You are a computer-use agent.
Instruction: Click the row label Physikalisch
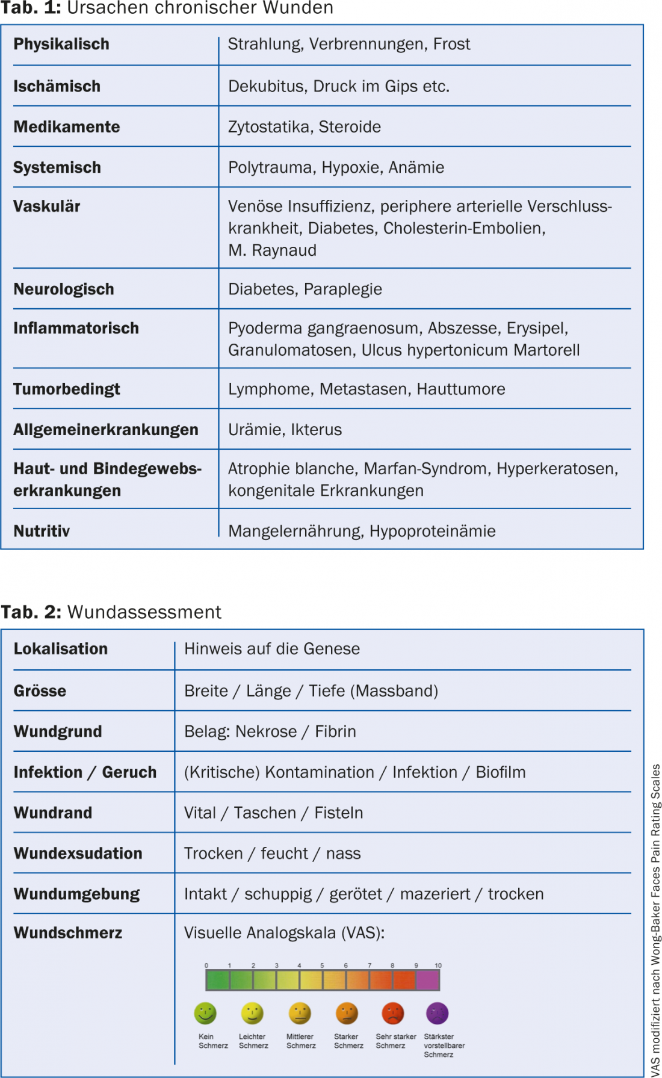(61, 45)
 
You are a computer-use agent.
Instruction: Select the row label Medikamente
(67, 127)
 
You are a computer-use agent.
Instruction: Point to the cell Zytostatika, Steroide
(305, 127)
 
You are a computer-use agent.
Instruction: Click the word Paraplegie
(343, 290)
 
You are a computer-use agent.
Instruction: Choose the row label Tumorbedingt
(67, 389)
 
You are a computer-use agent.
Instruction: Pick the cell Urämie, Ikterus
(285, 430)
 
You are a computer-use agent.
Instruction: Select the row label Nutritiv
(42, 531)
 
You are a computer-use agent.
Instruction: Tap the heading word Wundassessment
(144, 612)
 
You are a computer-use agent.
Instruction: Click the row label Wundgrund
(58, 732)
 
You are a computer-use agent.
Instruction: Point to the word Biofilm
(501, 772)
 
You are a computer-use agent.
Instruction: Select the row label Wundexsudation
(78, 853)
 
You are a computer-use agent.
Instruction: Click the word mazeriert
(435, 894)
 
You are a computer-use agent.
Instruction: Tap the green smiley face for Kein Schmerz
(205, 1014)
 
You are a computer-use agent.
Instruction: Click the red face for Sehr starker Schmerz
(393, 1014)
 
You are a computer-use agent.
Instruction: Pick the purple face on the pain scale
(438, 1014)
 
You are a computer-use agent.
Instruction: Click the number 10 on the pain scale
(438, 965)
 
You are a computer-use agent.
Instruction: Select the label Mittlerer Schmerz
(300, 1041)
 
